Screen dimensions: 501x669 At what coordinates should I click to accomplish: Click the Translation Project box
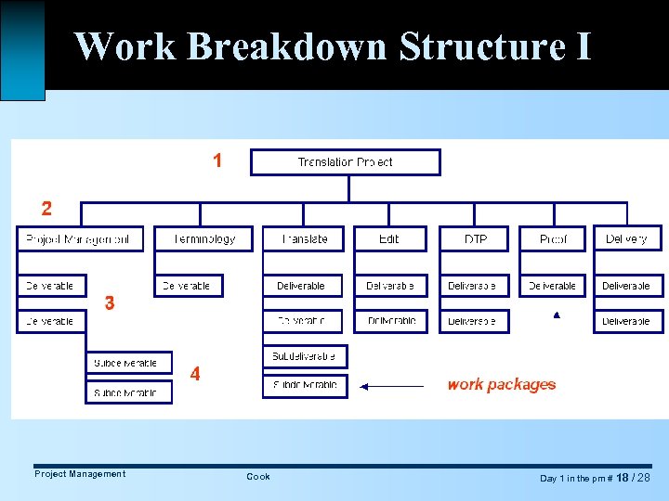point(346,162)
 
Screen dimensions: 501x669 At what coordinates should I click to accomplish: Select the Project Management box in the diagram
point(80,239)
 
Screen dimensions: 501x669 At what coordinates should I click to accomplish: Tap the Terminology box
point(204,239)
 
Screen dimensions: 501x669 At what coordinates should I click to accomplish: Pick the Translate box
point(303,239)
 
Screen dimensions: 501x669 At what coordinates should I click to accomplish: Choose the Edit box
point(389,239)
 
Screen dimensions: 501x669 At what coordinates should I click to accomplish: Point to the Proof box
point(553,239)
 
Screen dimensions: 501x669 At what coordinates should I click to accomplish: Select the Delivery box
point(627,239)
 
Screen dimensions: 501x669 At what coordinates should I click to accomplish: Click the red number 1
point(217,161)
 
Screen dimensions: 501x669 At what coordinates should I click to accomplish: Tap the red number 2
point(46,207)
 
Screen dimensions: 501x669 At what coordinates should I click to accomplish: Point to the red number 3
point(110,302)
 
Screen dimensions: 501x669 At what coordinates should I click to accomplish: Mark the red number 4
point(195,374)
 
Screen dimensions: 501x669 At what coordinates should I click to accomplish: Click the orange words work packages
point(501,384)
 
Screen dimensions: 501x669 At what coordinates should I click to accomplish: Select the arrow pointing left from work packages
point(390,385)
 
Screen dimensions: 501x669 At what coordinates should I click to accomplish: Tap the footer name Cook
point(258,477)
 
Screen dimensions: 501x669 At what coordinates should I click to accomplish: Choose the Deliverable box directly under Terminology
point(187,286)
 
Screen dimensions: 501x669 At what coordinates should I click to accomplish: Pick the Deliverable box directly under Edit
point(389,286)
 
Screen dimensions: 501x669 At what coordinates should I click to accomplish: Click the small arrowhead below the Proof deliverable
point(557,315)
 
